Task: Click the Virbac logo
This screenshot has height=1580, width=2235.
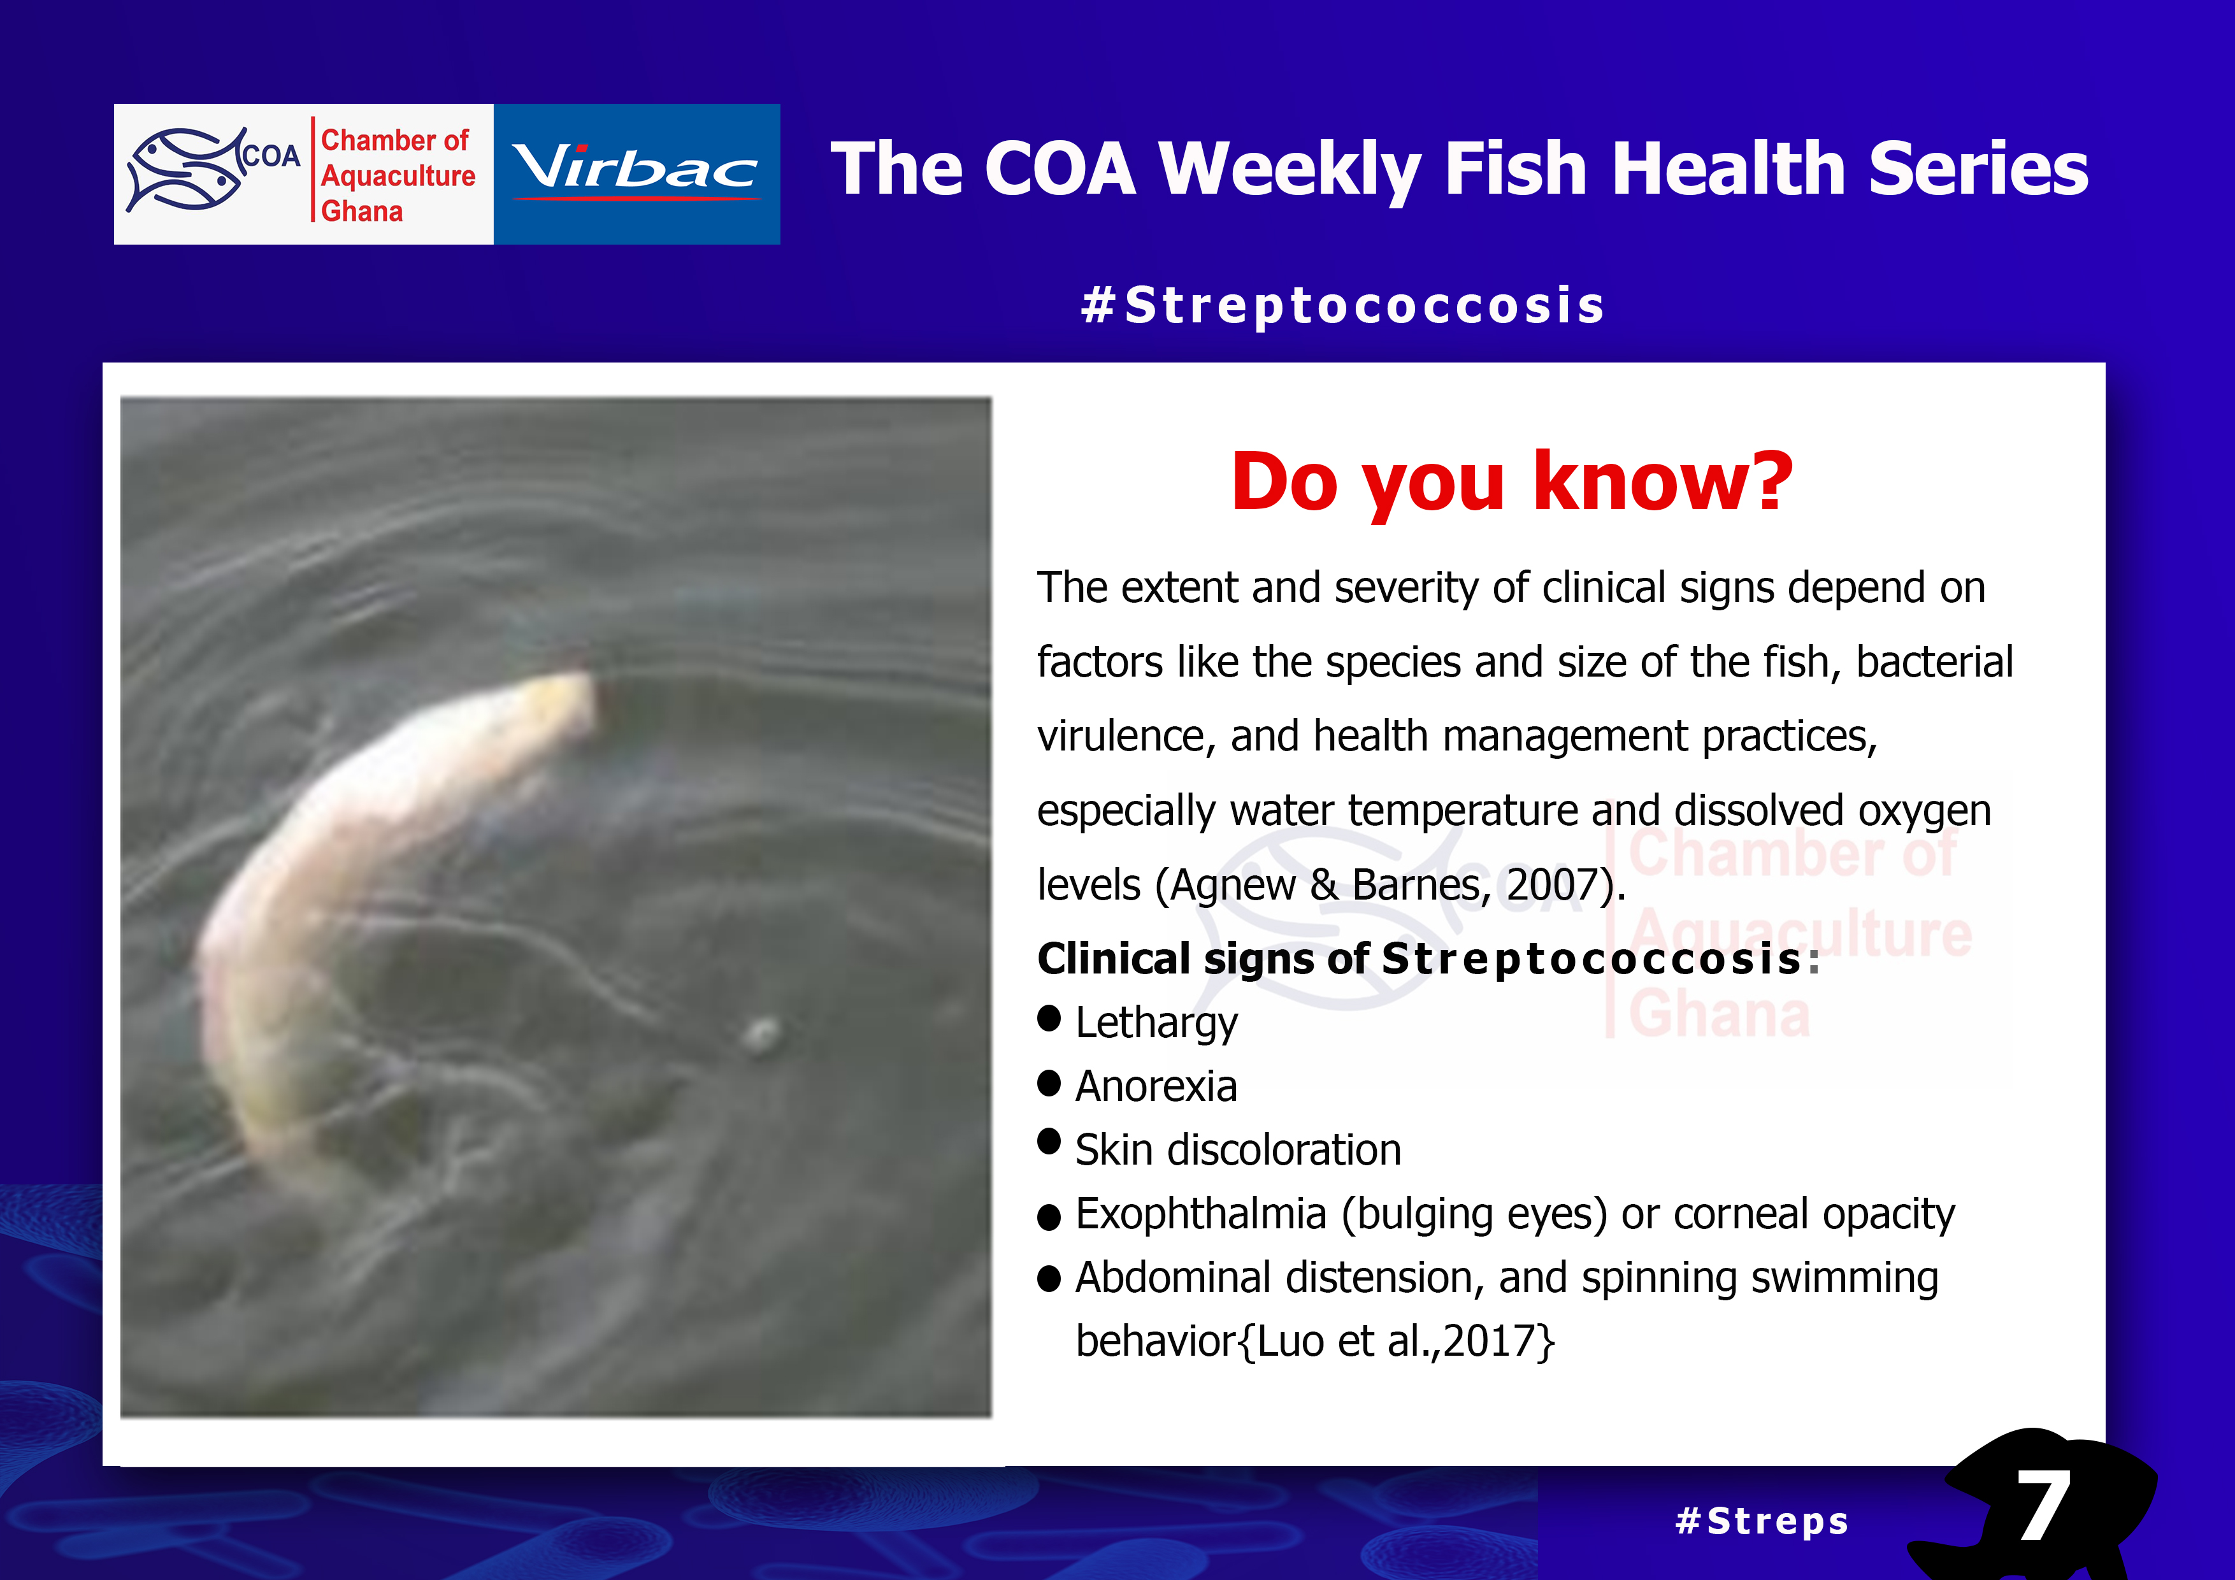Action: point(636,173)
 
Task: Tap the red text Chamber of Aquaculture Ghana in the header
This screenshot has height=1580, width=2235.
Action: point(397,175)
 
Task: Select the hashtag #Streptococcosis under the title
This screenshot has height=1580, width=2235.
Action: point(1343,306)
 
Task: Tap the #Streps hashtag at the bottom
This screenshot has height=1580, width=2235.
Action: point(1762,1521)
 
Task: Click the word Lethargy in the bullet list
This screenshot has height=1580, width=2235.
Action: point(1156,1024)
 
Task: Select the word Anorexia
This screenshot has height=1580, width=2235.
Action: point(1156,1086)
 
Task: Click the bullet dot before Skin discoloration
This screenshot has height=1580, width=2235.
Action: point(1049,1141)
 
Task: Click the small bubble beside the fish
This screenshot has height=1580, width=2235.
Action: point(761,1034)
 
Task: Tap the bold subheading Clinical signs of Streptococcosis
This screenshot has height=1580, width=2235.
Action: point(1427,959)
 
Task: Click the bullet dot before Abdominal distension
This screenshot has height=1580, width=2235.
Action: point(1049,1278)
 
